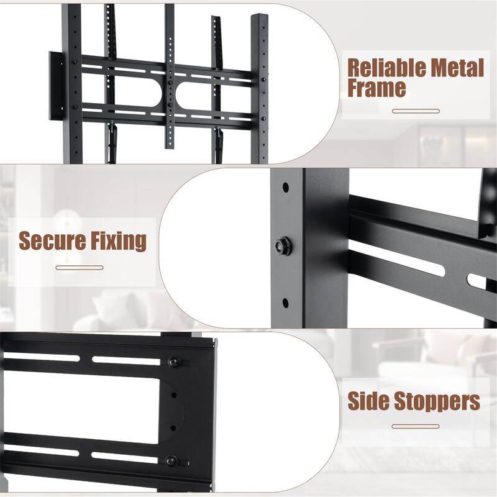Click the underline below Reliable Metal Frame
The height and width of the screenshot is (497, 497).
(416, 111)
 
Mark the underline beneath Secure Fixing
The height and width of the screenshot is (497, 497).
(80, 268)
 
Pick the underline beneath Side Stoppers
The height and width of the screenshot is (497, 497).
(416, 426)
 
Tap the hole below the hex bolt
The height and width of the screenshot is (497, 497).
(285, 303)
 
